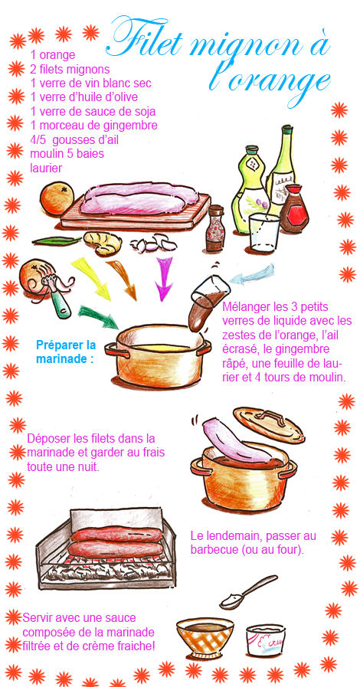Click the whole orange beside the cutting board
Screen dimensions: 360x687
57,198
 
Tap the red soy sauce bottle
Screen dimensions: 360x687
293,208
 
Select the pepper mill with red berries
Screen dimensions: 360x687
214,228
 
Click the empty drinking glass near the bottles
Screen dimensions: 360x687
263,233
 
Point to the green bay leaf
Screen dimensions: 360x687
57,240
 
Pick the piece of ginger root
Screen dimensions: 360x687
103,243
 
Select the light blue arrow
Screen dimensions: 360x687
252,274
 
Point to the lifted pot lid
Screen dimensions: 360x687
268,424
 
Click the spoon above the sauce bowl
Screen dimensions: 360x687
248,592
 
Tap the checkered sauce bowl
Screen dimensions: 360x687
205,636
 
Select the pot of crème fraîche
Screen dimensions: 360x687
265,640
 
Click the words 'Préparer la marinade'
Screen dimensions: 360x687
66,352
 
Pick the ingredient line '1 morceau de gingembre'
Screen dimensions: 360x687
93,126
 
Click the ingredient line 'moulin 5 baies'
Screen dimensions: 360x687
67,154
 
